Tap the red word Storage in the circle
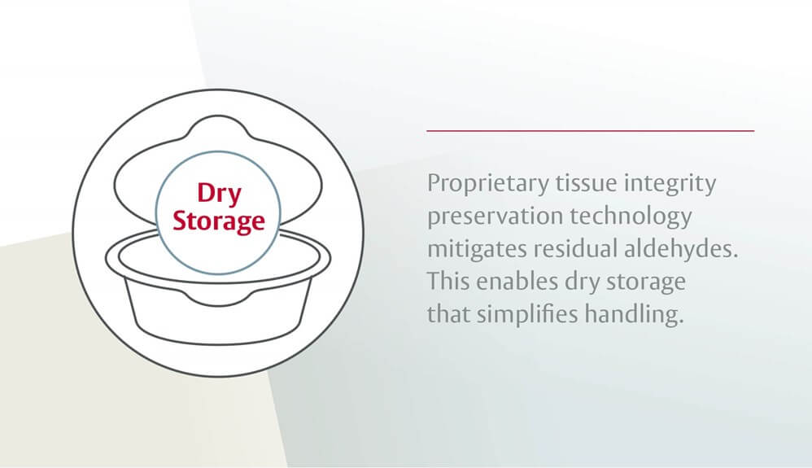pyautogui.click(x=219, y=221)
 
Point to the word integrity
pyautogui.click(x=672, y=184)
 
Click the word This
pyautogui.click(x=447, y=282)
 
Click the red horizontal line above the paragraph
pyautogui.click(x=590, y=130)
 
